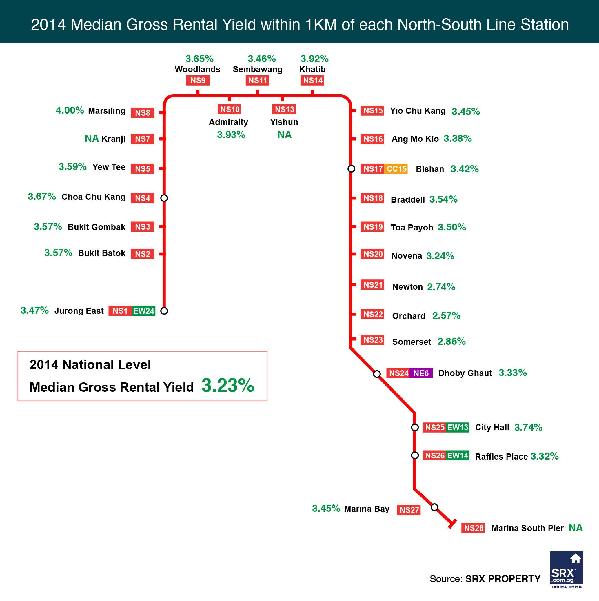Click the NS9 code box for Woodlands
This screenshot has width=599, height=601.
[x=198, y=80]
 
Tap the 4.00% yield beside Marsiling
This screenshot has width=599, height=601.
[x=70, y=110]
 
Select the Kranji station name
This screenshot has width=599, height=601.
[x=113, y=139]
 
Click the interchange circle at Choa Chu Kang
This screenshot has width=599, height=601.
[x=164, y=198]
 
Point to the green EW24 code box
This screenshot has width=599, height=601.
[x=144, y=311]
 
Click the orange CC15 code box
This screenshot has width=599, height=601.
[x=396, y=169]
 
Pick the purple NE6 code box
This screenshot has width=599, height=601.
[x=421, y=373]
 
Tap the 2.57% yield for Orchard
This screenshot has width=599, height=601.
[x=446, y=316]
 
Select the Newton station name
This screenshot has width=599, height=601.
[x=407, y=286]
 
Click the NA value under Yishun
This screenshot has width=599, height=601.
[x=284, y=135]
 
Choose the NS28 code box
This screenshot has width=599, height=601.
[x=473, y=528]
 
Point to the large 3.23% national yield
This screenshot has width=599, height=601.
[x=228, y=385]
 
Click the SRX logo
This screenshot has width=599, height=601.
[x=566, y=570]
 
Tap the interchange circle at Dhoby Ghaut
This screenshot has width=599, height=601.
[x=377, y=374]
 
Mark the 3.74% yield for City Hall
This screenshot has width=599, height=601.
[x=528, y=427]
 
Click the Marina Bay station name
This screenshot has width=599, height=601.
[x=367, y=509]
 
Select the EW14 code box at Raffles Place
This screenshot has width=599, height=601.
[x=458, y=456]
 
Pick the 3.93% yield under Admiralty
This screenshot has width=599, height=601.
[x=231, y=135]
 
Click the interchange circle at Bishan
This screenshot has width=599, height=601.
[x=351, y=169]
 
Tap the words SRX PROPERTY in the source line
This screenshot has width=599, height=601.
[x=502, y=579]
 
